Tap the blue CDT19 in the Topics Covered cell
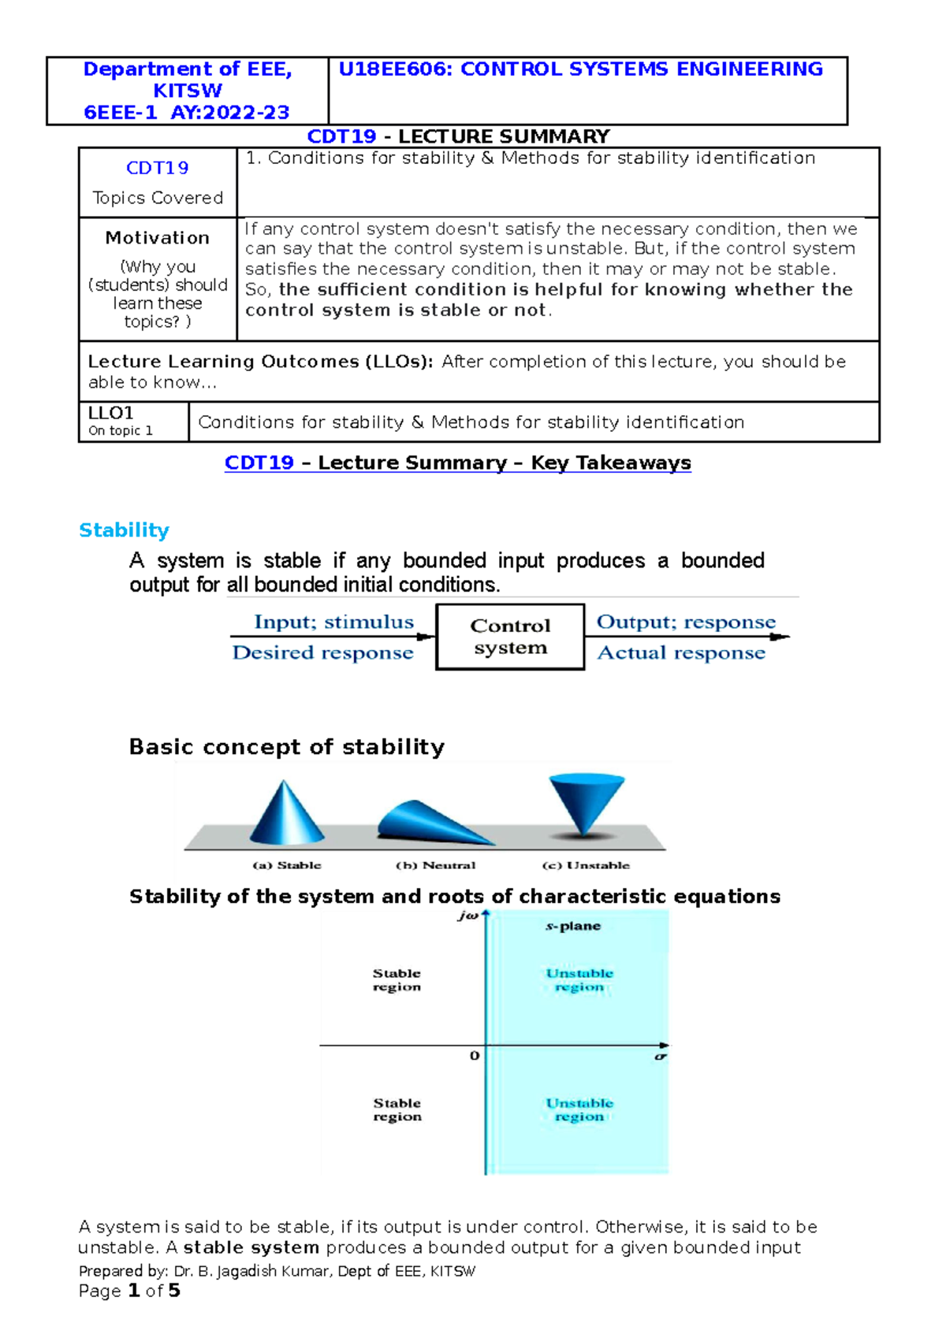click(x=158, y=168)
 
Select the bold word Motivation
click(x=158, y=238)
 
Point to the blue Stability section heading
click(x=124, y=530)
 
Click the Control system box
click(x=510, y=637)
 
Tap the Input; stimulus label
click(x=333, y=622)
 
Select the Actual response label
click(x=681, y=652)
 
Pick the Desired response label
click(x=322, y=652)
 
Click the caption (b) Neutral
click(x=435, y=865)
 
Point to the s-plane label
click(x=573, y=926)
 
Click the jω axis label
click(x=467, y=916)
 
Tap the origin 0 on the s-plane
click(x=474, y=1055)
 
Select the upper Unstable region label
click(x=579, y=979)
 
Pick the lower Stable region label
click(x=397, y=1109)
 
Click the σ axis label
click(x=661, y=1056)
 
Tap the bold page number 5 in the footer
click(x=174, y=1291)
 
